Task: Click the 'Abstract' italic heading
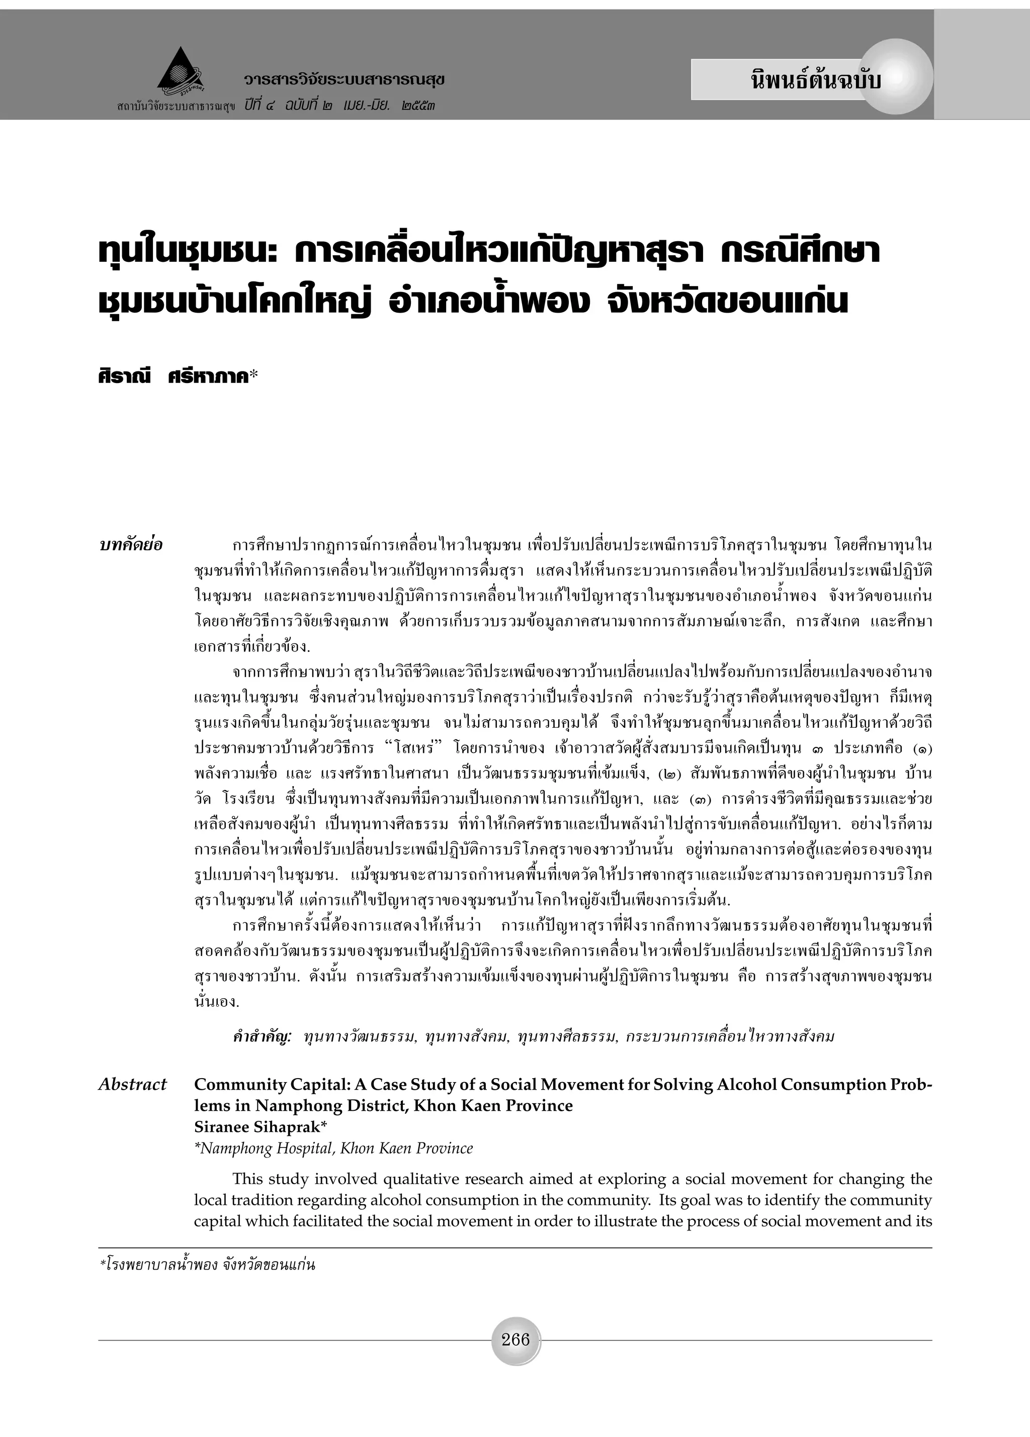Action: [x=132, y=1085]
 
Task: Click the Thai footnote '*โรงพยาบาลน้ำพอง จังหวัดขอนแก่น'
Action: [x=207, y=1266]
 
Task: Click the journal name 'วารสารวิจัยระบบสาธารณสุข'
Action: [x=344, y=80]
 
